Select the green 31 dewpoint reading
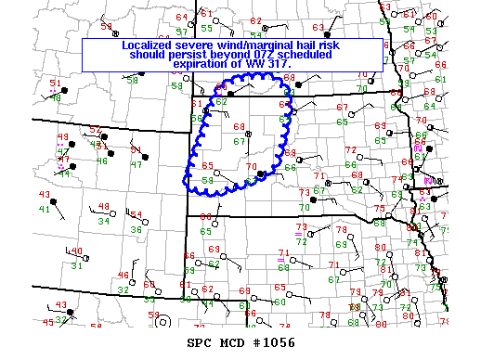point(78,265)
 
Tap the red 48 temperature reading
point(104,207)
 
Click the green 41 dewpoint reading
point(45,209)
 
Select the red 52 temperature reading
point(94,130)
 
